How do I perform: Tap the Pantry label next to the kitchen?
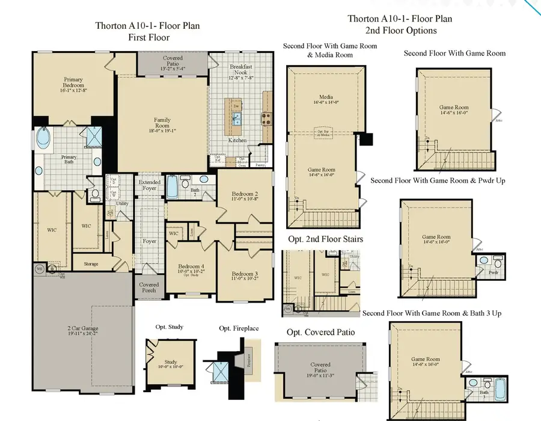260,164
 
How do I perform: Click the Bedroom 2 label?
245,194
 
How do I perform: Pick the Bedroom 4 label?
191,266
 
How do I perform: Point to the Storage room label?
91,263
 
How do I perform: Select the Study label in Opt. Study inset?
170,361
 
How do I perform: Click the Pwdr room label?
494,271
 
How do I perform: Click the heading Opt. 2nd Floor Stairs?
325,239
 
